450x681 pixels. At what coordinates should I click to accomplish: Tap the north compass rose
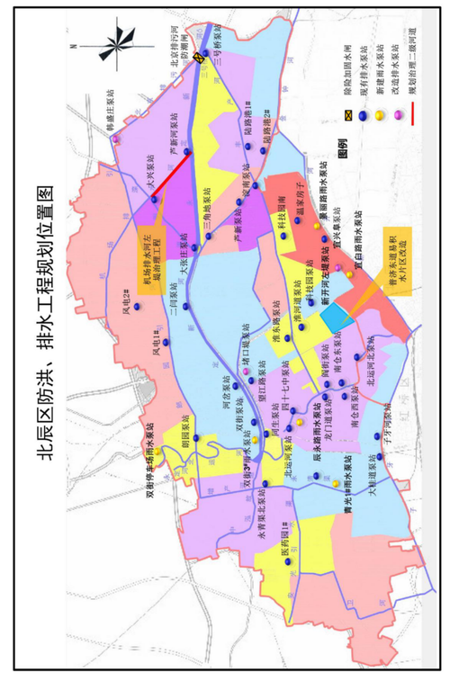click(x=114, y=43)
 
